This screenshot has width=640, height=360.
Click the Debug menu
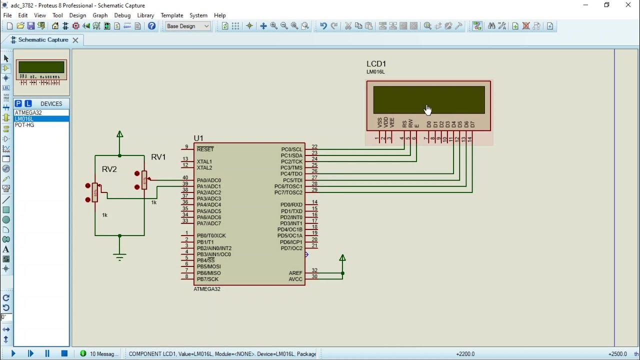(x=122, y=15)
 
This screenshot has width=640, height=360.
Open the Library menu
(x=145, y=15)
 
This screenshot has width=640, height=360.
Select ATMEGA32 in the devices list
(x=28, y=113)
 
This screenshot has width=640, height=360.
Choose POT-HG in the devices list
(x=24, y=125)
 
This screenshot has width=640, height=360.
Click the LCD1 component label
(x=376, y=64)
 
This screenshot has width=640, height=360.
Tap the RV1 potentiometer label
(x=158, y=157)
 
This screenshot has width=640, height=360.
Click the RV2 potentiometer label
(x=109, y=169)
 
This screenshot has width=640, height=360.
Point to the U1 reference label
(x=198, y=138)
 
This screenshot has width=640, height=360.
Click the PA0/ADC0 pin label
(x=208, y=180)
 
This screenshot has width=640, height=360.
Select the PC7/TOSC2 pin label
(x=288, y=192)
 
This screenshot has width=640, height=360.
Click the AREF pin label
(x=295, y=273)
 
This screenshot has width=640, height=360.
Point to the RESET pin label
(x=205, y=149)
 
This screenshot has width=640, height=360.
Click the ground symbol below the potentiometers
(x=119, y=256)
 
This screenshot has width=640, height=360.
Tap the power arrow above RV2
(x=119, y=134)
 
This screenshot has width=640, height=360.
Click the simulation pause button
(x=47, y=353)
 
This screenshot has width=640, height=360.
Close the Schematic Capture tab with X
(x=75, y=40)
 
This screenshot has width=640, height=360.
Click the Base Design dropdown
(x=188, y=26)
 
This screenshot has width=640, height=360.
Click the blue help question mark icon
(x=152, y=26)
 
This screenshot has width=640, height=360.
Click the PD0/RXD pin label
(x=291, y=205)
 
